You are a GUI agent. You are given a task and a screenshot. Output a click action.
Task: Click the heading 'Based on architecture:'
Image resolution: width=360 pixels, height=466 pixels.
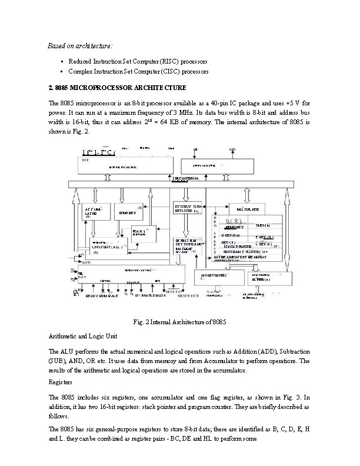[x=79, y=45]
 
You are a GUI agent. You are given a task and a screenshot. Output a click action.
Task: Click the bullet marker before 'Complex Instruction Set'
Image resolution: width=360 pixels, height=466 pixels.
[x=61, y=71]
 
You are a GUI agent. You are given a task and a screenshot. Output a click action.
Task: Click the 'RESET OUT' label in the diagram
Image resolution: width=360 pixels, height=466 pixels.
[x=187, y=295]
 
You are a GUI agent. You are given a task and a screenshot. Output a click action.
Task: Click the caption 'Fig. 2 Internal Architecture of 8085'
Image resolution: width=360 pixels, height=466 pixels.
[x=179, y=321]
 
